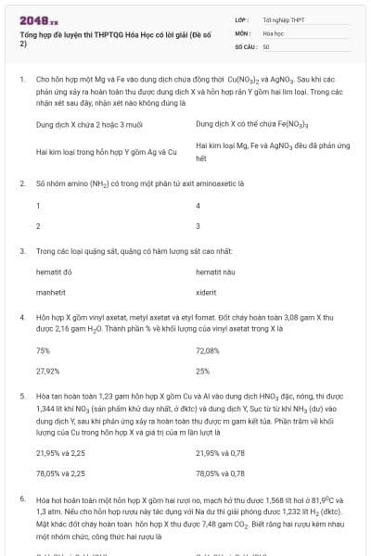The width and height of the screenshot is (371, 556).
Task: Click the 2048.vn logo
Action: [x=38, y=19]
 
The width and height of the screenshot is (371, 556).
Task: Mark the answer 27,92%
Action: [x=47, y=371]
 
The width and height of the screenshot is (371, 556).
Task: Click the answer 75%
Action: [x=43, y=351]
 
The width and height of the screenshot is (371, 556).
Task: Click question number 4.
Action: [x=21, y=317]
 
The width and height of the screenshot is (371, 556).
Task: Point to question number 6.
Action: [x=21, y=499]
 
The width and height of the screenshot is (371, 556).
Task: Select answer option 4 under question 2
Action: [x=198, y=206]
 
